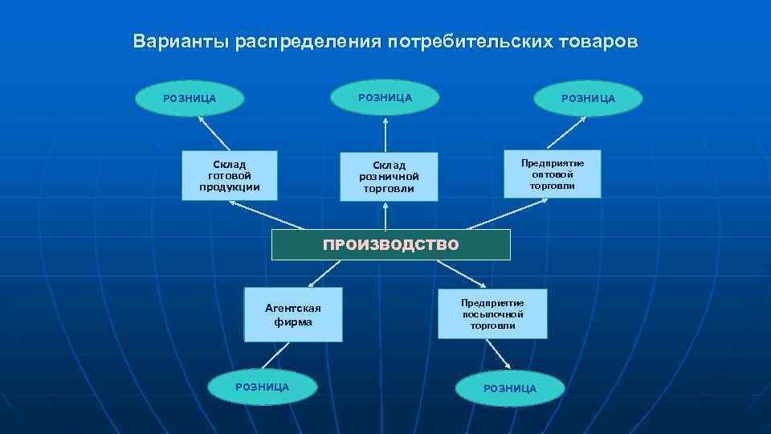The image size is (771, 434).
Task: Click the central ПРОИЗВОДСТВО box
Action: (x=390, y=244)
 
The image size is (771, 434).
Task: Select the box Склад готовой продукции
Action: (x=229, y=175)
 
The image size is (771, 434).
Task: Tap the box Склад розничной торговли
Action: (x=388, y=177)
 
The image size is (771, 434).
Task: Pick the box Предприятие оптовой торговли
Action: (x=552, y=174)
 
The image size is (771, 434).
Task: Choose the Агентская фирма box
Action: (x=292, y=314)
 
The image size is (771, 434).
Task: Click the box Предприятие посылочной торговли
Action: (x=492, y=313)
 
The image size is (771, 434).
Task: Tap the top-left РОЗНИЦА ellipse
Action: (x=190, y=99)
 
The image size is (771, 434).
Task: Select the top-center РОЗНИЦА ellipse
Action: (x=385, y=97)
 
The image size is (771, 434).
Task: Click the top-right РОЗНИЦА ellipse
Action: (x=588, y=99)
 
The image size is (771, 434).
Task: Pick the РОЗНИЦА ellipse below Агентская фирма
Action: (x=262, y=387)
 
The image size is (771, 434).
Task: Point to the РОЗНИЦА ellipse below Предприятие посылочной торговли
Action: (x=509, y=388)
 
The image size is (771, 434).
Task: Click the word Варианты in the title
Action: (x=182, y=41)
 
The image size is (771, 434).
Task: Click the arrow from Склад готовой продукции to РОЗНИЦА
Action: (x=214, y=134)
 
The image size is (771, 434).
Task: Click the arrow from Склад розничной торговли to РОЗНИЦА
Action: (x=386, y=134)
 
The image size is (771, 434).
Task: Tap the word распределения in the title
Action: (x=308, y=42)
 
